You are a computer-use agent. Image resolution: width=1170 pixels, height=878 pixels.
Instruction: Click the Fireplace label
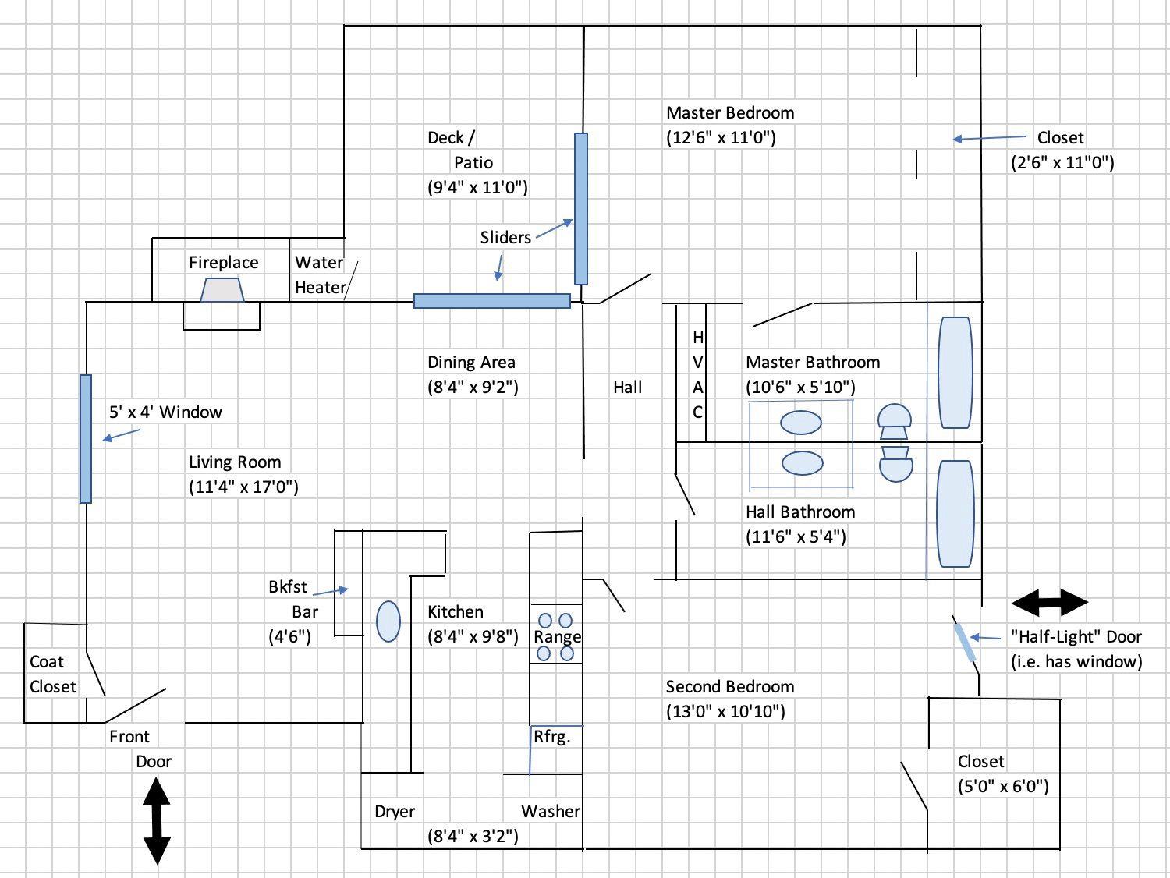223,263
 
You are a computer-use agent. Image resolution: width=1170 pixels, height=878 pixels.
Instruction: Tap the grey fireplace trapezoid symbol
222,290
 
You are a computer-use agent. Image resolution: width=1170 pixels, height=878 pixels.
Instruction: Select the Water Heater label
320,274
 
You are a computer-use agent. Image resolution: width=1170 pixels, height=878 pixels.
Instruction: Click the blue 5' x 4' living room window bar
86,438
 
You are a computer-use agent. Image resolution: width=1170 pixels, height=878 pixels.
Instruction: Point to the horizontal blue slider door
491,301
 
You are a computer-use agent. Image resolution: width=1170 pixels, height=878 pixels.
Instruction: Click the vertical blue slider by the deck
581,209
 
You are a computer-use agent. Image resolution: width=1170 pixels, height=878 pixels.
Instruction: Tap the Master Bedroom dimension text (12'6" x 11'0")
721,138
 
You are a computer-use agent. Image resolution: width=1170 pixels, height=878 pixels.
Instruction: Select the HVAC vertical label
698,374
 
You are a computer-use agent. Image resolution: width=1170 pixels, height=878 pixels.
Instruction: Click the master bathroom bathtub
955,372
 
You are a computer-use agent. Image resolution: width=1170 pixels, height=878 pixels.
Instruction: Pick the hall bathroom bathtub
955,513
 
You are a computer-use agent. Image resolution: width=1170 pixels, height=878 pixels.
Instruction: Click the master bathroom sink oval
801,423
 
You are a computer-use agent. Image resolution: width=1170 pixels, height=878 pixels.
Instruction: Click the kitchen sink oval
388,622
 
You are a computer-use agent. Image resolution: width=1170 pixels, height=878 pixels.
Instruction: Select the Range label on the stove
557,637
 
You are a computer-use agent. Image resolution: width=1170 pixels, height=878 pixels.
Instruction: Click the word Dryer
395,812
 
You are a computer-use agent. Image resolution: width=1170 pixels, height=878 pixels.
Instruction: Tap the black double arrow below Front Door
157,821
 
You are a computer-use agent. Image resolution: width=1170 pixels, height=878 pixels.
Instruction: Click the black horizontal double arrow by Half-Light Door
1049,603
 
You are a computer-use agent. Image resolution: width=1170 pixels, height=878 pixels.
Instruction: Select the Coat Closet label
52,674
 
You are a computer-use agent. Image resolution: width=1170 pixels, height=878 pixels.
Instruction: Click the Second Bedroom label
730,687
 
